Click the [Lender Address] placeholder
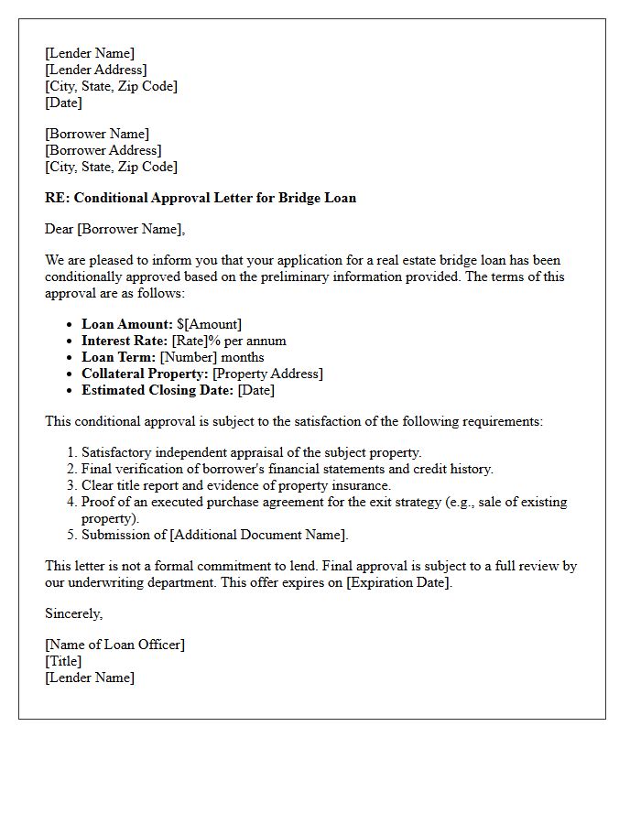(95, 70)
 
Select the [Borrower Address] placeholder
(103, 150)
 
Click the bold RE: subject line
(201, 198)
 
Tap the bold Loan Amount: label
(127, 324)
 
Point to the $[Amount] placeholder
(210, 324)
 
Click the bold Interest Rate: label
(125, 341)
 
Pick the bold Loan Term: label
(119, 357)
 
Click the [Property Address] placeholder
(267, 374)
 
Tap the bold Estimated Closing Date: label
(158, 390)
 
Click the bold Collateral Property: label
(145, 374)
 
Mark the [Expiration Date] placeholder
(398, 582)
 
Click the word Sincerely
(73, 613)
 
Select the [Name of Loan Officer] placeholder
(114, 645)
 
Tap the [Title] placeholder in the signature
(63, 661)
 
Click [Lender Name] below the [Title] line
(90, 678)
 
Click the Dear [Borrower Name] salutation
(114, 229)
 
